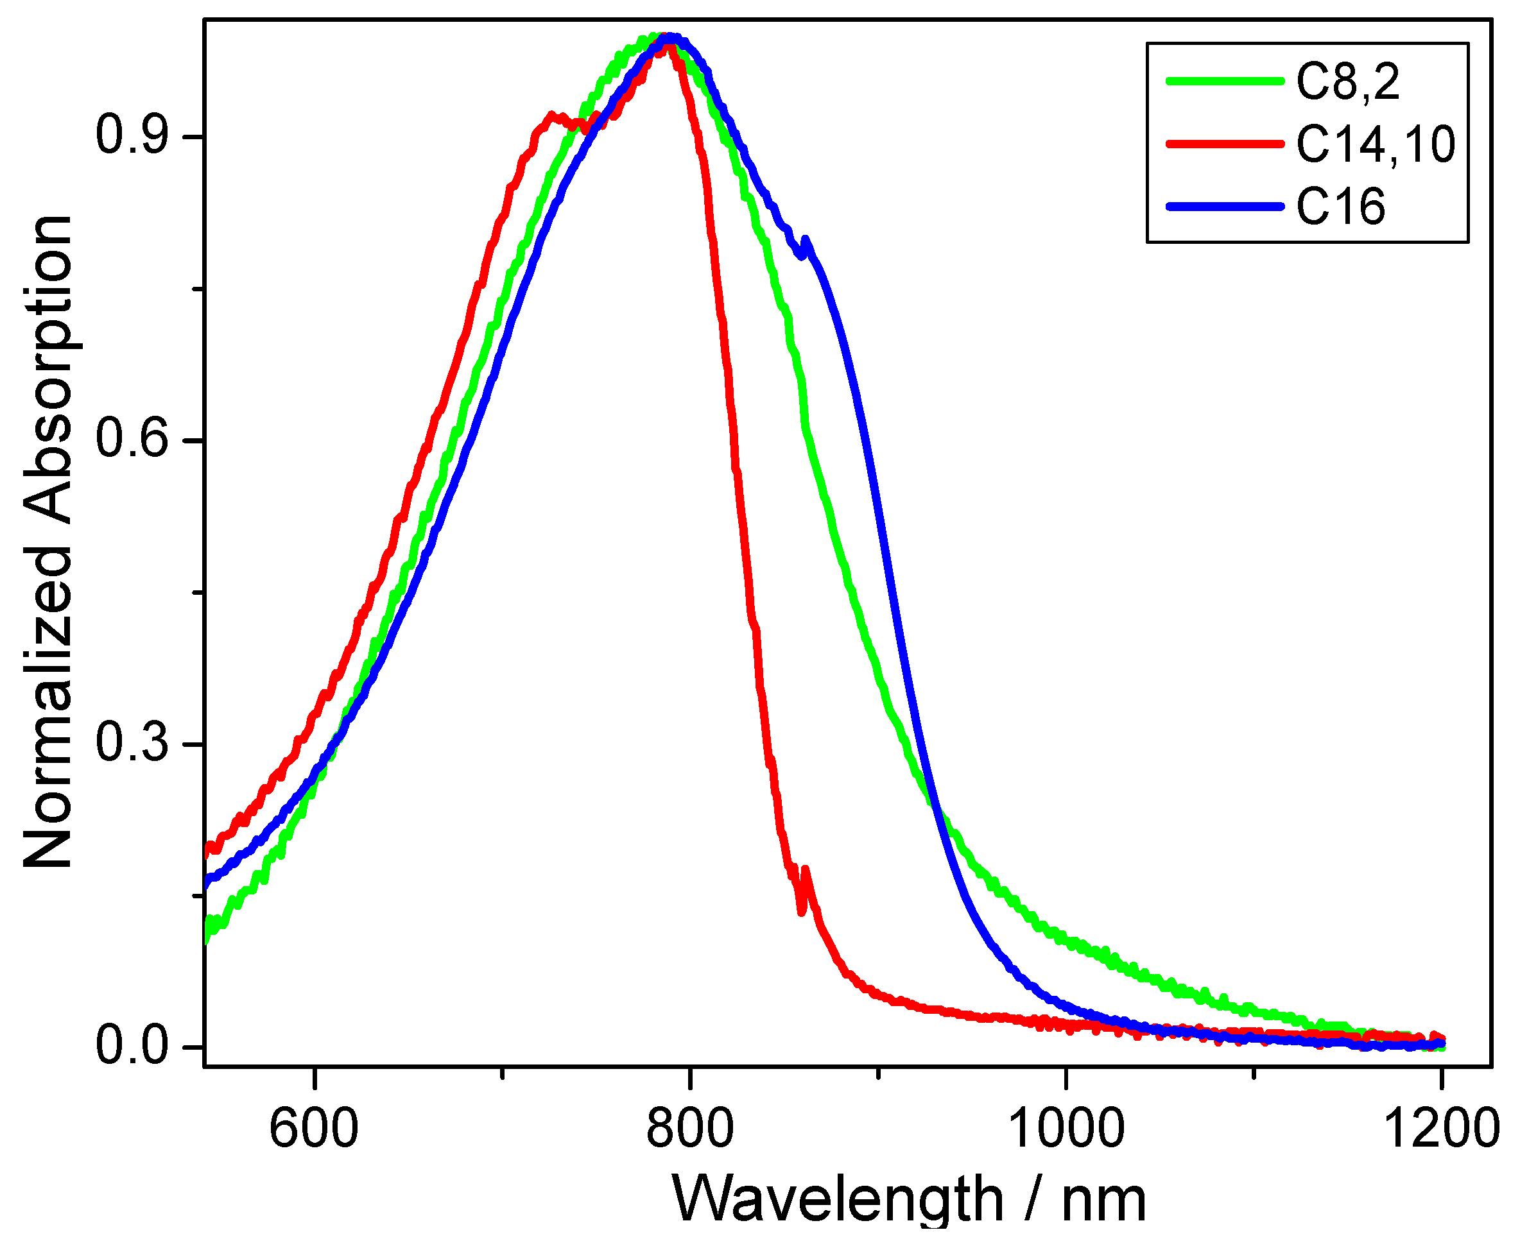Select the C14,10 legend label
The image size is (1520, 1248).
[1376, 144]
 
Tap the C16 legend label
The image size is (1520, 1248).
[1340, 207]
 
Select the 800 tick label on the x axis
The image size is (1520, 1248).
[689, 1129]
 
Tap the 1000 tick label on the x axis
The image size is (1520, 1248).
[1066, 1129]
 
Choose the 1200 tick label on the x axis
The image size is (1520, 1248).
[1440, 1129]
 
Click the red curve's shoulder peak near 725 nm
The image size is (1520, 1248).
[551, 115]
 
